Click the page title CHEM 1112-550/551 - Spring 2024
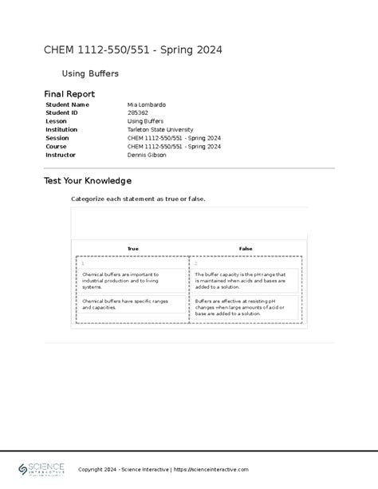[132, 51]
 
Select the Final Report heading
[69, 94]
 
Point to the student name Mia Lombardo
[147, 105]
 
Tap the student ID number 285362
[137, 112]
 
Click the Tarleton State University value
[160, 129]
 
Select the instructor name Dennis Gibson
[147, 155]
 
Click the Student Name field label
[67, 105]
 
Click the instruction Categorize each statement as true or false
[138, 199]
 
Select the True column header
[132, 249]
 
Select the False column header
[246, 249]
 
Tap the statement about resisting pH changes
[246, 308]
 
